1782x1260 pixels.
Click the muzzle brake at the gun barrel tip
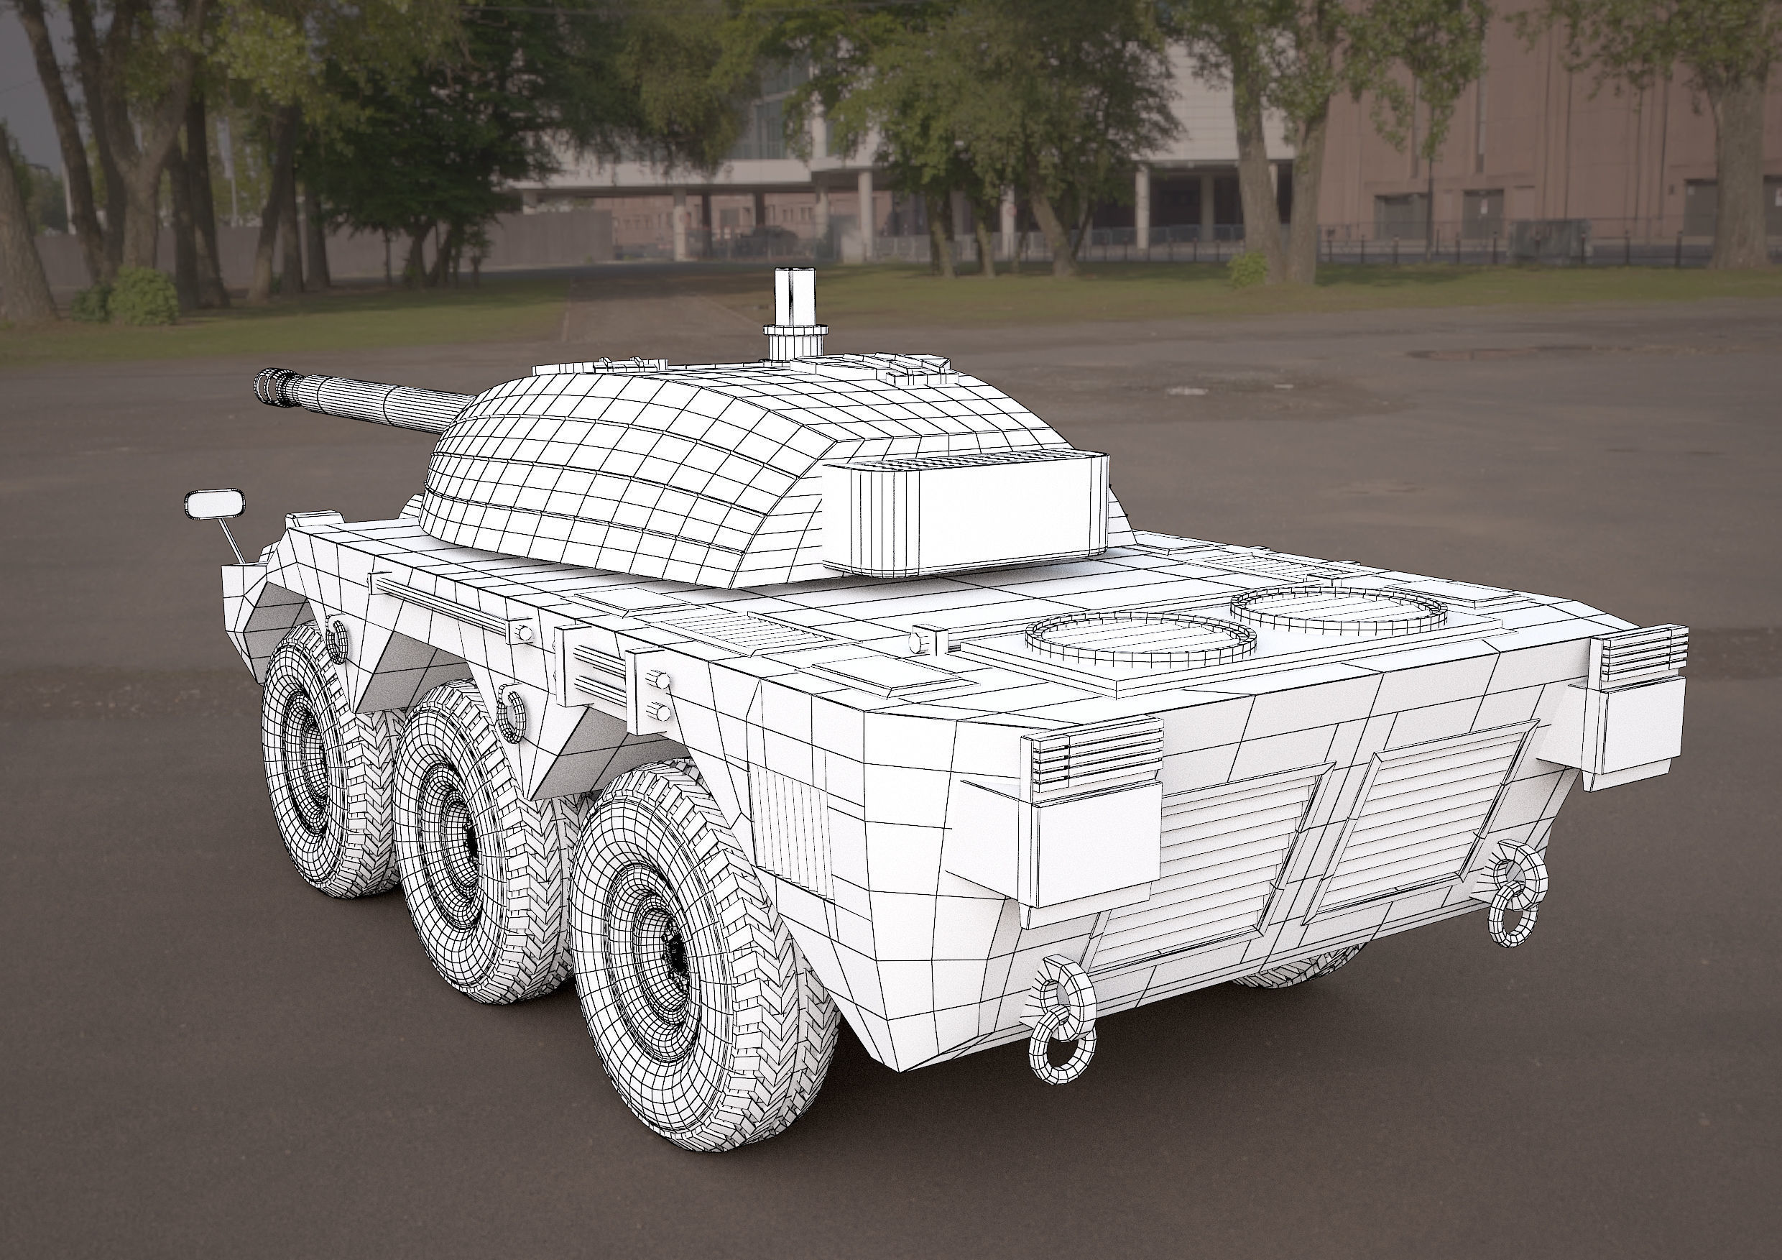tap(272, 386)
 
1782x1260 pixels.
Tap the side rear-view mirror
tap(213, 505)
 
